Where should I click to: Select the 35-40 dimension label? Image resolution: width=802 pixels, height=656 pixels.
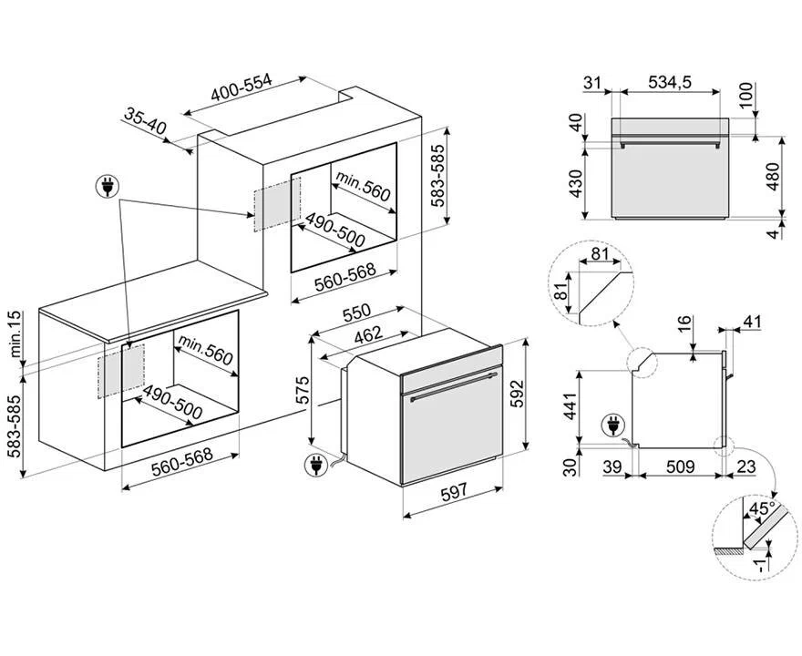click(146, 122)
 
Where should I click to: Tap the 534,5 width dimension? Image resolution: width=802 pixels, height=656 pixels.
click(670, 82)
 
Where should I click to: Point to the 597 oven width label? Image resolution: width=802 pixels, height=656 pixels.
click(454, 492)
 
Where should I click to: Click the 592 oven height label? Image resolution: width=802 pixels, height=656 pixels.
click(519, 394)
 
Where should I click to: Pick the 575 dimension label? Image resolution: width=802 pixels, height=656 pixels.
click(303, 390)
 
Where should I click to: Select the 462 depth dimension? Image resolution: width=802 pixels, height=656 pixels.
click(368, 334)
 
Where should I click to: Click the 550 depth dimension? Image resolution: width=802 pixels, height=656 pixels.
click(356, 313)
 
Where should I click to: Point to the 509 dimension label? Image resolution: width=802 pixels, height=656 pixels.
click(680, 466)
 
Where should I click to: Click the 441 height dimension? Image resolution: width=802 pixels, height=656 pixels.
click(571, 405)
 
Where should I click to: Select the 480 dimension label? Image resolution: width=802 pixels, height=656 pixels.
click(773, 177)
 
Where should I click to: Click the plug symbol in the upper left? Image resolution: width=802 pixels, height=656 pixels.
click(108, 187)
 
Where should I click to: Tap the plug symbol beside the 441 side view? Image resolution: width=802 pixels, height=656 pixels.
click(612, 425)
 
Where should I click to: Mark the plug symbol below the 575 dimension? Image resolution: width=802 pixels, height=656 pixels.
click(315, 466)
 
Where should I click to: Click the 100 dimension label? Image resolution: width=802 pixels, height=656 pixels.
click(746, 96)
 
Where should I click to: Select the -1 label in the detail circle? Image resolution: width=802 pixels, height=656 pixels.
click(761, 565)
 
